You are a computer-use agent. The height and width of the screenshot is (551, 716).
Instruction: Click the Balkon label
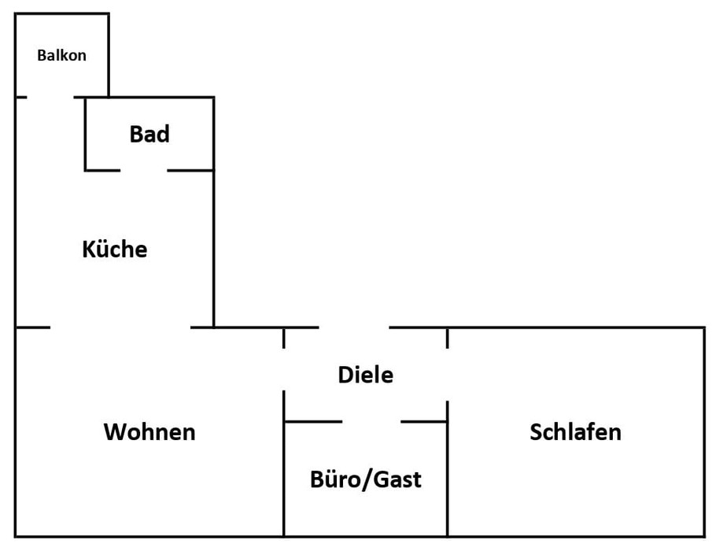tap(61, 56)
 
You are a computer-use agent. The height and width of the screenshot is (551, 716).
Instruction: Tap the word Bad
tap(149, 135)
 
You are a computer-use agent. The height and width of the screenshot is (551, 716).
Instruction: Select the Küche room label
tap(115, 250)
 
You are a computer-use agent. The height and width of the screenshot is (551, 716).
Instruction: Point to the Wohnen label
tap(149, 431)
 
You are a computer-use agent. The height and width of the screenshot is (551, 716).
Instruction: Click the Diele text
tap(365, 375)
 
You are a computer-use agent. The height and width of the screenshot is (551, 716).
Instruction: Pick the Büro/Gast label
tap(366, 479)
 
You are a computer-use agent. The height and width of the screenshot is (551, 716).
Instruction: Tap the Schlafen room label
tap(575, 431)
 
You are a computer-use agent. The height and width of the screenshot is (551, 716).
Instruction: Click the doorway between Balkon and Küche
tap(51, 97)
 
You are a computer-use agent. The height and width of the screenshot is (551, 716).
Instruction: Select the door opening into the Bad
tap(144, 169)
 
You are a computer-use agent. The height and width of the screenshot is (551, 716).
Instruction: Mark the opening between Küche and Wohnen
tap(120, 327)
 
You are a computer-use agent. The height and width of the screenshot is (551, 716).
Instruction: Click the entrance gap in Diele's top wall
tap(354, 327)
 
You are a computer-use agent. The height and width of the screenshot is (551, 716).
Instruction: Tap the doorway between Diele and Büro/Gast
tap(371, 422)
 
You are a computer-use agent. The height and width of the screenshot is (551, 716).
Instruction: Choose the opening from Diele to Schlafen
tap(448, 375)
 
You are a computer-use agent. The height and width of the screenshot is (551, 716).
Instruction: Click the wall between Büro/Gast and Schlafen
tap(448, 480)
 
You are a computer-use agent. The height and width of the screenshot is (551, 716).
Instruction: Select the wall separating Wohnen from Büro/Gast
tap(284, 480)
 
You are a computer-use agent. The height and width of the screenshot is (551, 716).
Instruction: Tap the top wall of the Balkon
tap(61, 13)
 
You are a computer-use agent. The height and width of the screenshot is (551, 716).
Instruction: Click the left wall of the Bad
tap(85, 134)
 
